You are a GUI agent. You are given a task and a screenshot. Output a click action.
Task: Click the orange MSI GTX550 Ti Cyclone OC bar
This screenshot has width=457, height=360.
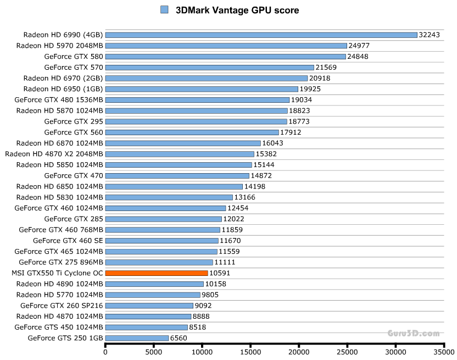(157, 273)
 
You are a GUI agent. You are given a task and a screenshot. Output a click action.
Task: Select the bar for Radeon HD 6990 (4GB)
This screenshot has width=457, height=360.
(261, 35)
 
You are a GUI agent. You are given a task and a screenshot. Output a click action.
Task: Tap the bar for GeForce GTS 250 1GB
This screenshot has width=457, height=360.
(137, 338)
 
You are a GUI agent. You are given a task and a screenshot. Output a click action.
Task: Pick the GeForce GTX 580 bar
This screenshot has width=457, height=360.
(225, 56)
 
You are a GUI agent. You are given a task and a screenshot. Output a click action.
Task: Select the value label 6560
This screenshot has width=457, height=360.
(180, 338)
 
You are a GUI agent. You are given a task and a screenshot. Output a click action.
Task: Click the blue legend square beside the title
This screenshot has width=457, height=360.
(164, 10)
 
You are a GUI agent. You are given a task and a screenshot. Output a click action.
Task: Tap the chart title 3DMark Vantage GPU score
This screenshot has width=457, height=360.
(237, 10)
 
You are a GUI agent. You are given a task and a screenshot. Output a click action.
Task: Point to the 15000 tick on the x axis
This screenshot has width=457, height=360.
(250, 352)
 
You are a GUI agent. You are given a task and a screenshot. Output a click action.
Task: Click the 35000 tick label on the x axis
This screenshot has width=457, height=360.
(444, 352)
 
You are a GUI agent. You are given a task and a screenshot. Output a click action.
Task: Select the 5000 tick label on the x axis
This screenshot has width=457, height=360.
(154, 352)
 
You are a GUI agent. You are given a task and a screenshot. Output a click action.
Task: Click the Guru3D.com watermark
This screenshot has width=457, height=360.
(413, 333)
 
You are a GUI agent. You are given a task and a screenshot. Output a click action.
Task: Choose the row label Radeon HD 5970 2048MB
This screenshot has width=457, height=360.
(60, 45)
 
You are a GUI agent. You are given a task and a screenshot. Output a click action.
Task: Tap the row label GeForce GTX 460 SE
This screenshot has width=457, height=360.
(68, 240)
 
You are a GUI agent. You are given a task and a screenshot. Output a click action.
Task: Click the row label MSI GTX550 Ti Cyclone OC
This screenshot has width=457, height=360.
(57, 273)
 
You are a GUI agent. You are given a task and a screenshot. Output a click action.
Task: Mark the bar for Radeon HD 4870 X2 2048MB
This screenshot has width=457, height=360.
(180, 154)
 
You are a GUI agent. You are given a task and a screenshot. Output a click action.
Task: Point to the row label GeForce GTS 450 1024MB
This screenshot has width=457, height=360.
(59, 327)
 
